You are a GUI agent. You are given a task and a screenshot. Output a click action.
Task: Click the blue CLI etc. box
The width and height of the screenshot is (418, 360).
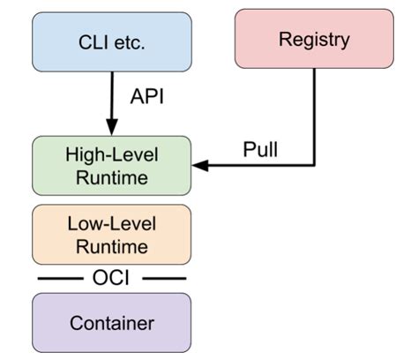tap(112, 41)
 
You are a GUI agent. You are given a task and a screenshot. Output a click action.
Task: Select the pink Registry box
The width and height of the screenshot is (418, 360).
tap(314, 39)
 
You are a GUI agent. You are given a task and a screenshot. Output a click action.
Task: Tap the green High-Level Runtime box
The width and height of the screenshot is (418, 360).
tap(112, 166)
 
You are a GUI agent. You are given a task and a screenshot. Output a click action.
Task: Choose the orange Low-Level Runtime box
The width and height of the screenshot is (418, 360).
tap(112, 235)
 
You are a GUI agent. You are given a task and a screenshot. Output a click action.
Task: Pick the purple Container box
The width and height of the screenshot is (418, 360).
tap(112, 323)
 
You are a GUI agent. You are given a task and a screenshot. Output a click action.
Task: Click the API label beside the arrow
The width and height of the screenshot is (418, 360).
tap(146, 96)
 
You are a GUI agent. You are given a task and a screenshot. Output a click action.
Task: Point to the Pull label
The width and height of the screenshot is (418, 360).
tap(260, 149)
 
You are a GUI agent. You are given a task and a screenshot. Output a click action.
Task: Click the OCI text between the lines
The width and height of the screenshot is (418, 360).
tap(111, 278)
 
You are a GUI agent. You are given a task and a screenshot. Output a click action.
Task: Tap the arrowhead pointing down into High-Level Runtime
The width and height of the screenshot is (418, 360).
tap(112, 127)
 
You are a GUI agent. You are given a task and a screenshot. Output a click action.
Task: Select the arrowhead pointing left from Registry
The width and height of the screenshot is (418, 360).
tap(200, 166)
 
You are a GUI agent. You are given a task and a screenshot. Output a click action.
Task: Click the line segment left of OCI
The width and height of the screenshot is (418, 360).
tap(61, 278)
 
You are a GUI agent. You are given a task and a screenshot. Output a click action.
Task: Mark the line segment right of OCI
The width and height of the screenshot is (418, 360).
tap(164, 278)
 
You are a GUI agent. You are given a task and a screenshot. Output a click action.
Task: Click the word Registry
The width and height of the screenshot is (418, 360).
tap(314, 40)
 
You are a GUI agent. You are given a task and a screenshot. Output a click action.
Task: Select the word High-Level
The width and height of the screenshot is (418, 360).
tap(112, 154)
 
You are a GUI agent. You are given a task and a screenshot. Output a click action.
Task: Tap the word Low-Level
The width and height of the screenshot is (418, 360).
tap(112, 223)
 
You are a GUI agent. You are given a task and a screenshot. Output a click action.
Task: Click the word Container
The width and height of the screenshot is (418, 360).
tap(112, 323)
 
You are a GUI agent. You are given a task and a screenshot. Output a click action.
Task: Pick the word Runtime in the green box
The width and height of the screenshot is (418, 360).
tap(112, 177)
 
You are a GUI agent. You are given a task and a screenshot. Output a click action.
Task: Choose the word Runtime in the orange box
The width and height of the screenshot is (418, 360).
tap(112, 246)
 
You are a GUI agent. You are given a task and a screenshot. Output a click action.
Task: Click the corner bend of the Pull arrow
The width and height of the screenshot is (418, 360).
tap(314, 166)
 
